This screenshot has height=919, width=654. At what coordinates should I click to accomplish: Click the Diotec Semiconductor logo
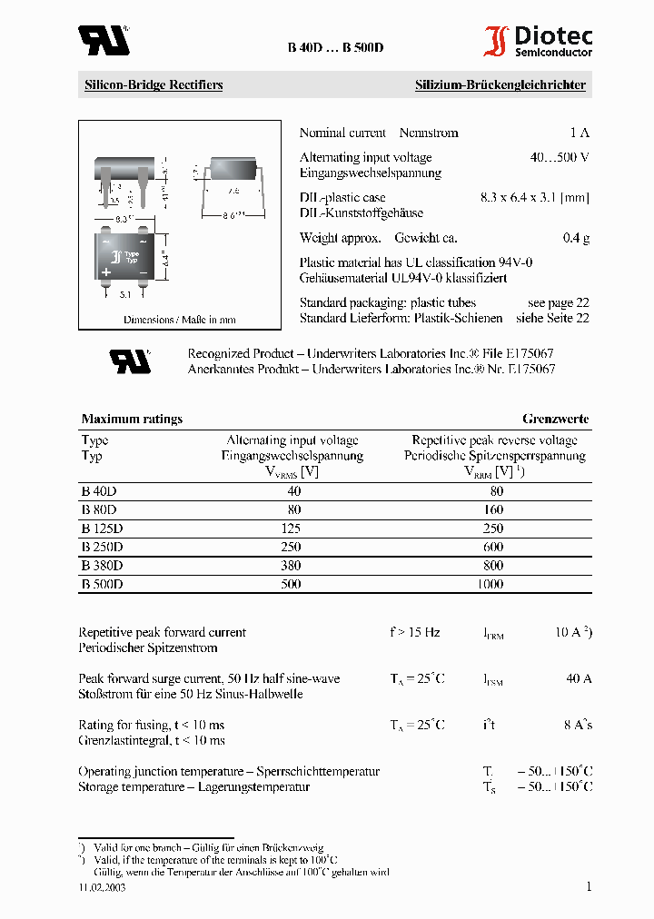[537, 42]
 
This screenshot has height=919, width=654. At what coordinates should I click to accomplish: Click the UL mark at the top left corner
[103, 40]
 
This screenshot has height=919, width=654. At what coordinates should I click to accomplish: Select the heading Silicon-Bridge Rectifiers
[154, 85]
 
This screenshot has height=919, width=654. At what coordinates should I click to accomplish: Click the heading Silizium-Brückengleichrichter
[500, 85]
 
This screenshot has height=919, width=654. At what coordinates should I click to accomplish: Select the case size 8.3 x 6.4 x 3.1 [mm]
[534, 197]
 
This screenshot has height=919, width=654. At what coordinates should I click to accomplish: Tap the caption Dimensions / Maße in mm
[180, 320]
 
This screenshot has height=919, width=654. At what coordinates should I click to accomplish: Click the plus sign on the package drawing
[105, 272]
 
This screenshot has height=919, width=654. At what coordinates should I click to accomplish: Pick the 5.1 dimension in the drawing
[125, 294]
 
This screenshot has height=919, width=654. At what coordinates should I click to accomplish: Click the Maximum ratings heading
[132, 419]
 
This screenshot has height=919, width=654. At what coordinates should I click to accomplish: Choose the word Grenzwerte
[555, 419]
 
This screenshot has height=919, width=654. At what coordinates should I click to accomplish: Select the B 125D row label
[102, 528]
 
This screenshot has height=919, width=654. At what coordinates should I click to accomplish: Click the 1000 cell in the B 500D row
[490, 584]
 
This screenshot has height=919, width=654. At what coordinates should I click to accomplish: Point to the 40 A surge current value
[579, 678]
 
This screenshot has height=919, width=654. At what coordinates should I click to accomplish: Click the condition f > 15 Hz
[414, 632]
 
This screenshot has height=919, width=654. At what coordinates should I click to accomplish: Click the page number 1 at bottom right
[589, 886]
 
